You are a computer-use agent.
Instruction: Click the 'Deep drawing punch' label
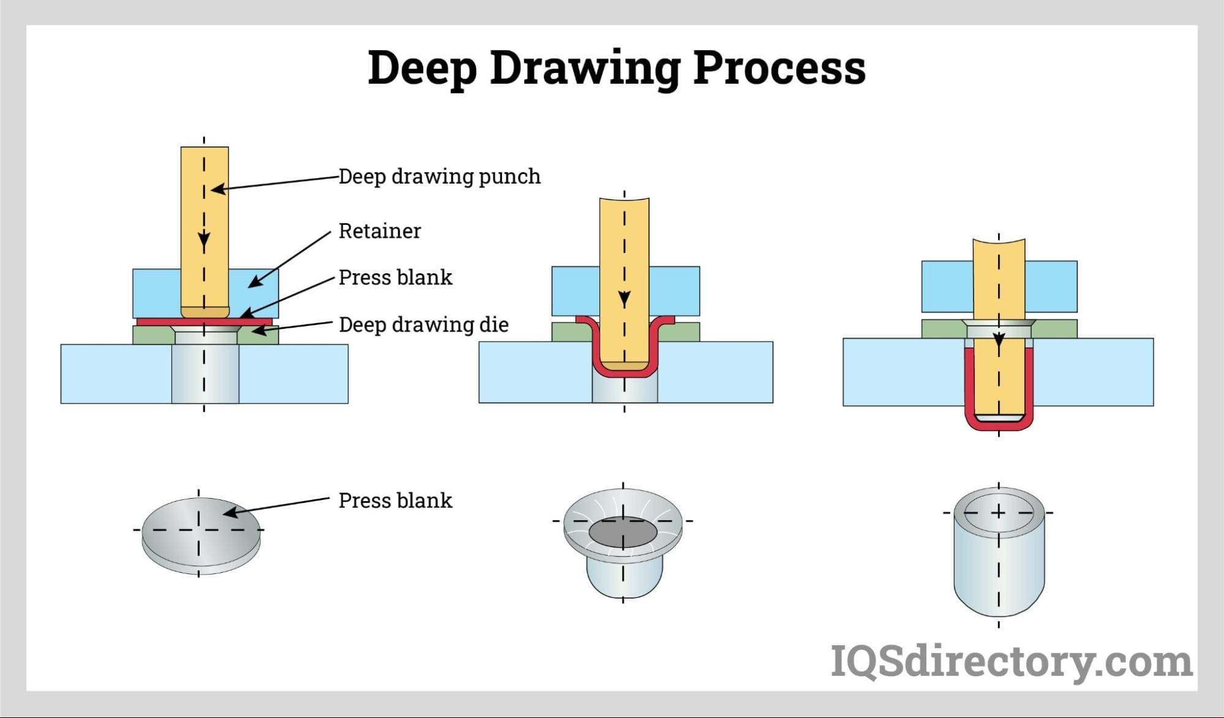439,176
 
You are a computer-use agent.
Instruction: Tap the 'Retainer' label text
380,231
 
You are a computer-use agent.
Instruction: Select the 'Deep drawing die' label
424,325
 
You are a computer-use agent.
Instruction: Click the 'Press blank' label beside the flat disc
395,501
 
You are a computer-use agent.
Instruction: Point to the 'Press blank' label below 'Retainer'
395,278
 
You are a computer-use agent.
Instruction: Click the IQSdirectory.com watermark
1011,662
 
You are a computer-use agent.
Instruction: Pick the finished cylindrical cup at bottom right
999,551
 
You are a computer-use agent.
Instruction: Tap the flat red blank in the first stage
204,322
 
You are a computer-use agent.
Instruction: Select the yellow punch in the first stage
205,227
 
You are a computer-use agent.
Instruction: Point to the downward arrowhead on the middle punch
624,300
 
